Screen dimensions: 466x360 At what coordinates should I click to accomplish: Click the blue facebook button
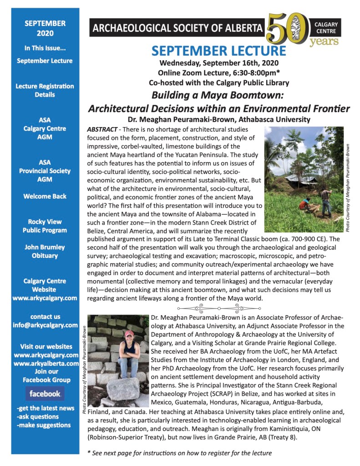coord(45,393)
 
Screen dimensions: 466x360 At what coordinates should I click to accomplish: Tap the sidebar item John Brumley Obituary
coord(45,251)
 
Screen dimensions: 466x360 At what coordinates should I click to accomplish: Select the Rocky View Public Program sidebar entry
coord(45,226)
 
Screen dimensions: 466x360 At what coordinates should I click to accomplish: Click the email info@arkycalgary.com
coord(45,325)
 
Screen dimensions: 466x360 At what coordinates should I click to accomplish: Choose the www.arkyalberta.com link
coord(45,363)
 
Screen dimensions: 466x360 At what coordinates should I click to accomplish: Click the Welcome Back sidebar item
coord(45,196)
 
